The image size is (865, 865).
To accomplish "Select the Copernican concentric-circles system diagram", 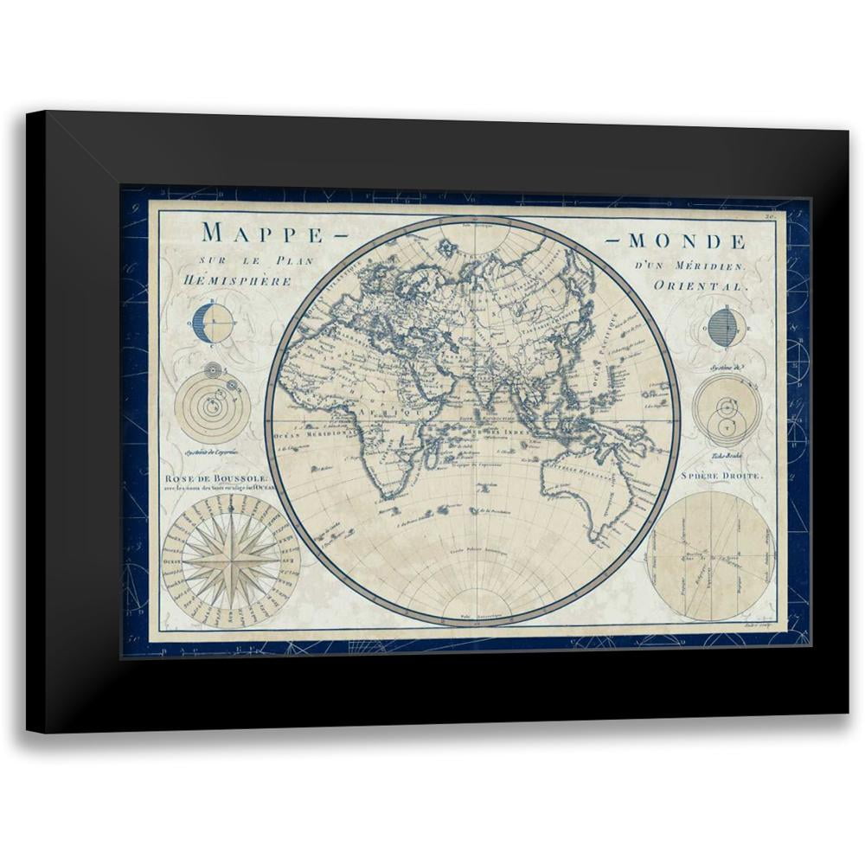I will [x=213, y=405].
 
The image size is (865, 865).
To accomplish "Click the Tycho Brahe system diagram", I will [x=727, y=410].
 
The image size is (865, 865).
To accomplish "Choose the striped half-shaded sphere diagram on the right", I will [x=725, y=328].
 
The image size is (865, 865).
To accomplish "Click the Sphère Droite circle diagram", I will [x=710, y=556].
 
